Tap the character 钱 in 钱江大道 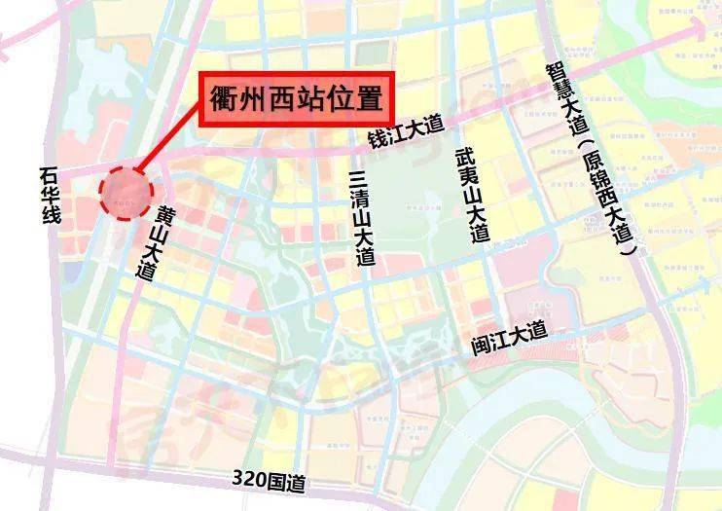point(375,140)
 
